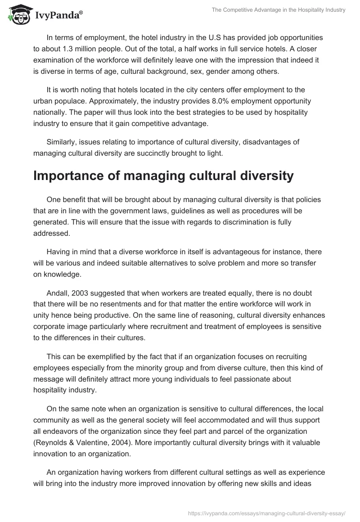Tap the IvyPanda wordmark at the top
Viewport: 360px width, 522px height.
58,16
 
